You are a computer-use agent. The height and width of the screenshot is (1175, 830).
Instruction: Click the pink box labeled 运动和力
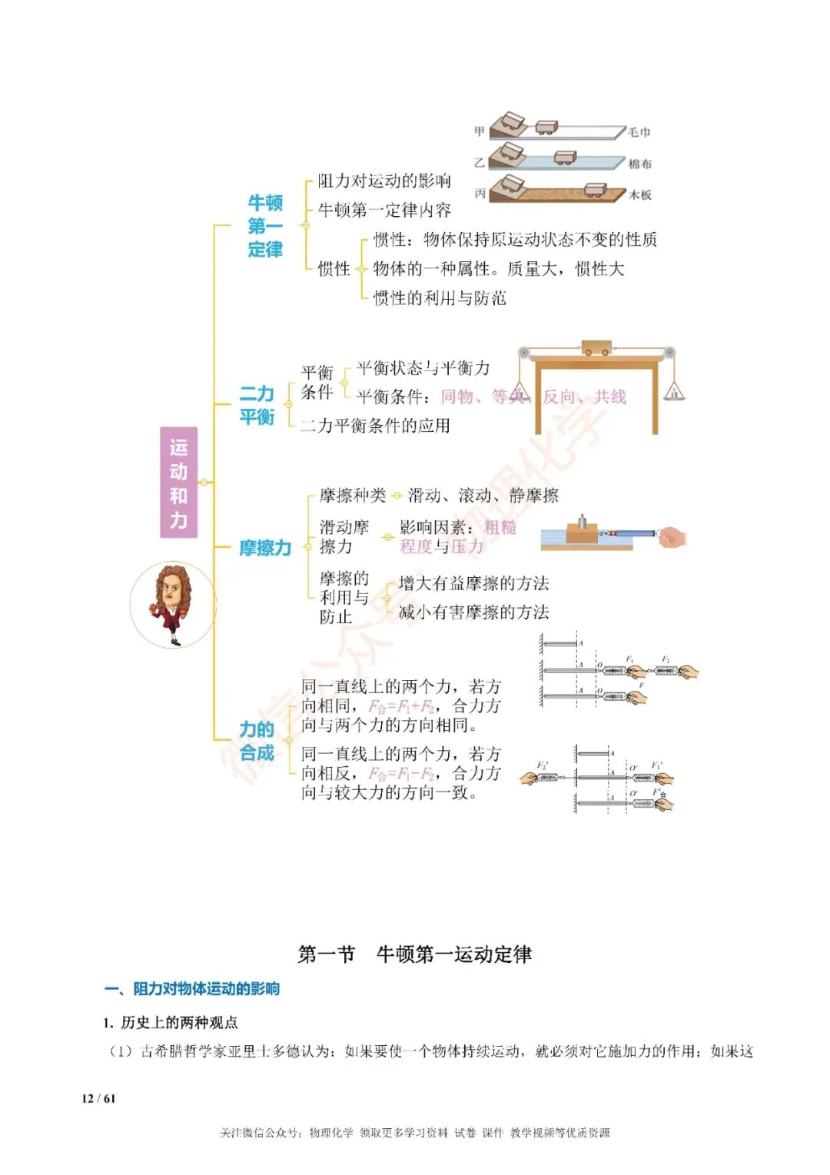click(178, 482)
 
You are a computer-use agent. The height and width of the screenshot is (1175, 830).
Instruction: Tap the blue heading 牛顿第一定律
click(265, 226)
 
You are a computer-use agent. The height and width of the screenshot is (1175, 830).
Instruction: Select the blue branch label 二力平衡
click(257, 405)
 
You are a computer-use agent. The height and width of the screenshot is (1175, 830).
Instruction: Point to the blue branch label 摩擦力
click(265, 548)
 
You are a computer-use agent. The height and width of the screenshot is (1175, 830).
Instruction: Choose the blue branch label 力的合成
click(257, 741)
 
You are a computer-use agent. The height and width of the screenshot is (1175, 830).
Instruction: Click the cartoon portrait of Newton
click(173, 604)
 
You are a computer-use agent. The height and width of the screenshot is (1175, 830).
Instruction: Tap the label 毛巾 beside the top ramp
click(639, 132)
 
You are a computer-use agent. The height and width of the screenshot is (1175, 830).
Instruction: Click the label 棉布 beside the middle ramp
click(639, 164)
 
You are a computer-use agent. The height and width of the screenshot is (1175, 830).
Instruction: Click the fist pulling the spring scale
click(672, 536)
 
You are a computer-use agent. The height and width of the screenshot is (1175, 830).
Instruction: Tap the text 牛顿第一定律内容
click(384, 210)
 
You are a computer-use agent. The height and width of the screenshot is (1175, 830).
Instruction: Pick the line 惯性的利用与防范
click(440, 298)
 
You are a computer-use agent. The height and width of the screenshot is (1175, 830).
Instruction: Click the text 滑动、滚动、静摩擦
click(483, 496)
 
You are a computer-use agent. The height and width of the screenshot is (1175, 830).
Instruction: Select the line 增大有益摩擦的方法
click(473, 583)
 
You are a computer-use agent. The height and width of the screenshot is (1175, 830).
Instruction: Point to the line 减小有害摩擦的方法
click(473, 612)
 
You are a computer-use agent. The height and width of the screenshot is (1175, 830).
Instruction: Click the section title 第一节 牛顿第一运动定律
click(415, 954)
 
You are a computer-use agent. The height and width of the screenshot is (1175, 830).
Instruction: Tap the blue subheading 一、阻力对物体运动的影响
click(192, 989)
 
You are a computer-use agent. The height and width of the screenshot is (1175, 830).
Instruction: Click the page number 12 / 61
click(98, 1098)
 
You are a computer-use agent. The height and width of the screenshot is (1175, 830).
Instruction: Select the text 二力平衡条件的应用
click(375, 426)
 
